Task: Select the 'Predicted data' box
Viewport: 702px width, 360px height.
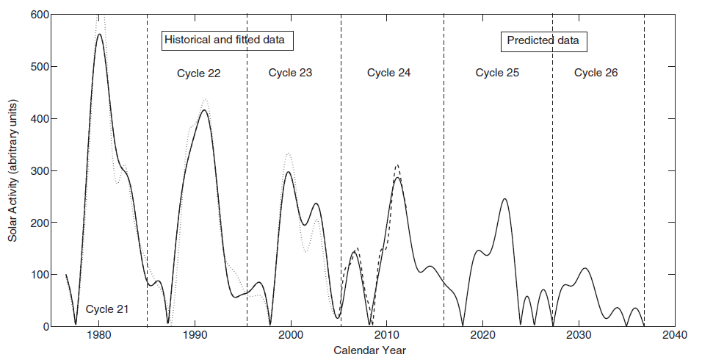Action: [543, 40]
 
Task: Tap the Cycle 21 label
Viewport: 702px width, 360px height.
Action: [106, 309]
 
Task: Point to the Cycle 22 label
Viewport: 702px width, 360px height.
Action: [199, 73]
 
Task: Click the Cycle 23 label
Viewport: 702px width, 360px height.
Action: [290, 73]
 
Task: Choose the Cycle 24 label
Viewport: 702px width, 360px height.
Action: [388, 73]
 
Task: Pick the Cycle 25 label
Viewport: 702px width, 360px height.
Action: [497, 73]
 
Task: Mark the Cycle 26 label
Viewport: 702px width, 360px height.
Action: [596, 73]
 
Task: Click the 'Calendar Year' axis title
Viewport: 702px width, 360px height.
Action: [369, 350]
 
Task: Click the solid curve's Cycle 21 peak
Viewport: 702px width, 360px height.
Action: [99, 35]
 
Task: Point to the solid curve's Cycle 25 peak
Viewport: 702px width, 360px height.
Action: [504, 199]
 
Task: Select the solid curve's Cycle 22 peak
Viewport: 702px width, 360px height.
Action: [203, 110]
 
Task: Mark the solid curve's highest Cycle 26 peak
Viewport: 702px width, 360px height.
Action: [585, 269]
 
